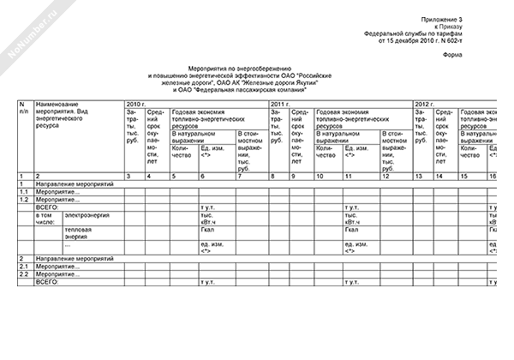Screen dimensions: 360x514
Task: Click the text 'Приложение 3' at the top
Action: (468, 18)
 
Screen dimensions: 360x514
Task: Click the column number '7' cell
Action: (240, 175)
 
